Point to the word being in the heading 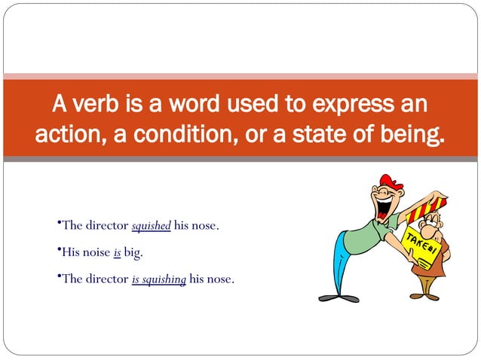(412, 136)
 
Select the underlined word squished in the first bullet (151, 225)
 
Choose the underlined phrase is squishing (158, 279)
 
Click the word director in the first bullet (106, 225)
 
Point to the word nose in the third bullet (219, 279)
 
